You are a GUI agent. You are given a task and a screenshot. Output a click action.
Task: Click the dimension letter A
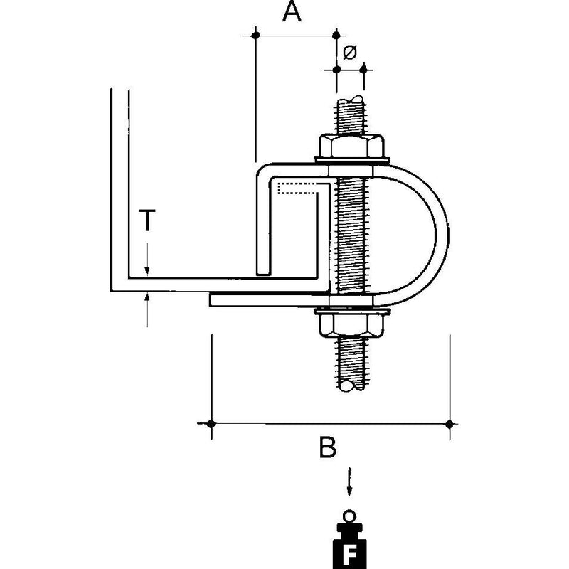point(292,11)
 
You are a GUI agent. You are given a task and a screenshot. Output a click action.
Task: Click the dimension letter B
point(328,447)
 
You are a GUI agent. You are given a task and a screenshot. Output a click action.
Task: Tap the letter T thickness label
point(147,220)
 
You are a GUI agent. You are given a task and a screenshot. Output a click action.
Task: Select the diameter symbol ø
point(350,52)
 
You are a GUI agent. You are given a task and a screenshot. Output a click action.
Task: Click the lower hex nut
point(351,325)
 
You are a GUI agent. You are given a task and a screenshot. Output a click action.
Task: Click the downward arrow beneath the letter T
point(147,260)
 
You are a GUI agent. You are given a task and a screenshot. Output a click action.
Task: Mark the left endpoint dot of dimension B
point(211,423)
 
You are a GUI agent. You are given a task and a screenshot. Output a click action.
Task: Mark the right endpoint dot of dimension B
point(450,424)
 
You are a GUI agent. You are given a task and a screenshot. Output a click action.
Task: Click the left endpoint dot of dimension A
point(255,35)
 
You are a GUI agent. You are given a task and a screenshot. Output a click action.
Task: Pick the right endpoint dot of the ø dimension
point(363,69)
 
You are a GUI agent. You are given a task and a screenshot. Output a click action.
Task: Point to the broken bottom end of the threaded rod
point(351,385)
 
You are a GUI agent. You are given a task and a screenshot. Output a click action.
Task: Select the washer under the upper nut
point(351,159)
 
